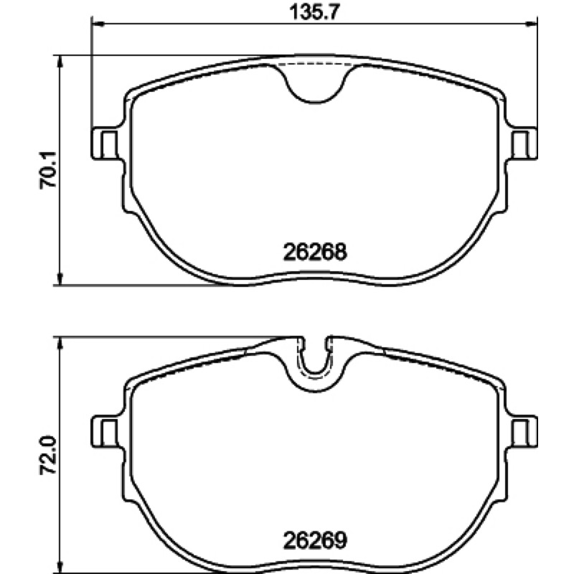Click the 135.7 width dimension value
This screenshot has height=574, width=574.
pos(314,12)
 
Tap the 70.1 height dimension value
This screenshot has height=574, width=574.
pos(48,169)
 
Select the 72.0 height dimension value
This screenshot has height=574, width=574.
pos(48,455)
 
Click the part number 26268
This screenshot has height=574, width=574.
pos(315,252)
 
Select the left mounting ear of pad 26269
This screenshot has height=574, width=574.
pos(105,431)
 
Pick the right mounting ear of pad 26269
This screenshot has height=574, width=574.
pos(522,431)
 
